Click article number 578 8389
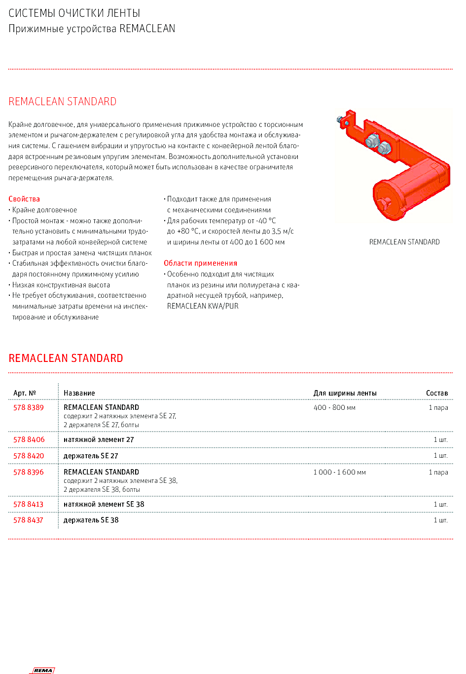[29, 407]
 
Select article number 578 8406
[29, 439]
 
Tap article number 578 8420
[29, 456]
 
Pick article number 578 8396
[29, 472]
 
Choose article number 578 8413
[29, 504]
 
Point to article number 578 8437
[29, 520]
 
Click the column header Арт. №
[25, 393]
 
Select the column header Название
[79, 393]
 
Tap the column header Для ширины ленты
[345, 393]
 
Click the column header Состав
[437, 393]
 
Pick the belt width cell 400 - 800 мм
[334, 407]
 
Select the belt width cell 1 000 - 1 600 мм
[339, 472]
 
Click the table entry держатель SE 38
[91, 520]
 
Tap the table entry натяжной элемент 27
[99, 439]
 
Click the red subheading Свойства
[24, 199]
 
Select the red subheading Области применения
[200, 263]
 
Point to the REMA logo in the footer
[43, 670]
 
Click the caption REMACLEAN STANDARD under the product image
[404, 242]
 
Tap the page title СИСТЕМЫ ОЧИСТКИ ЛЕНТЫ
[74, 13]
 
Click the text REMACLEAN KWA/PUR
[203, 306]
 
